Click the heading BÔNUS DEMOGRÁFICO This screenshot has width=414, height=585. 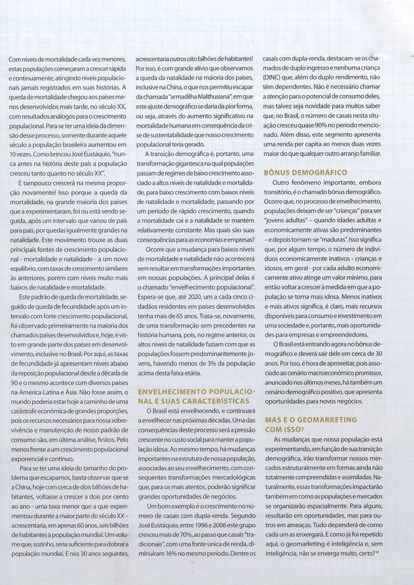tap(306, 172)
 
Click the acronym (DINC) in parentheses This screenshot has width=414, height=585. tap(274, 77)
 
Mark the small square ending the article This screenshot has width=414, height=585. tap(377, 552)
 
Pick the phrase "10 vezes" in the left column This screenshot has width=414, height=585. tap(20, 154)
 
